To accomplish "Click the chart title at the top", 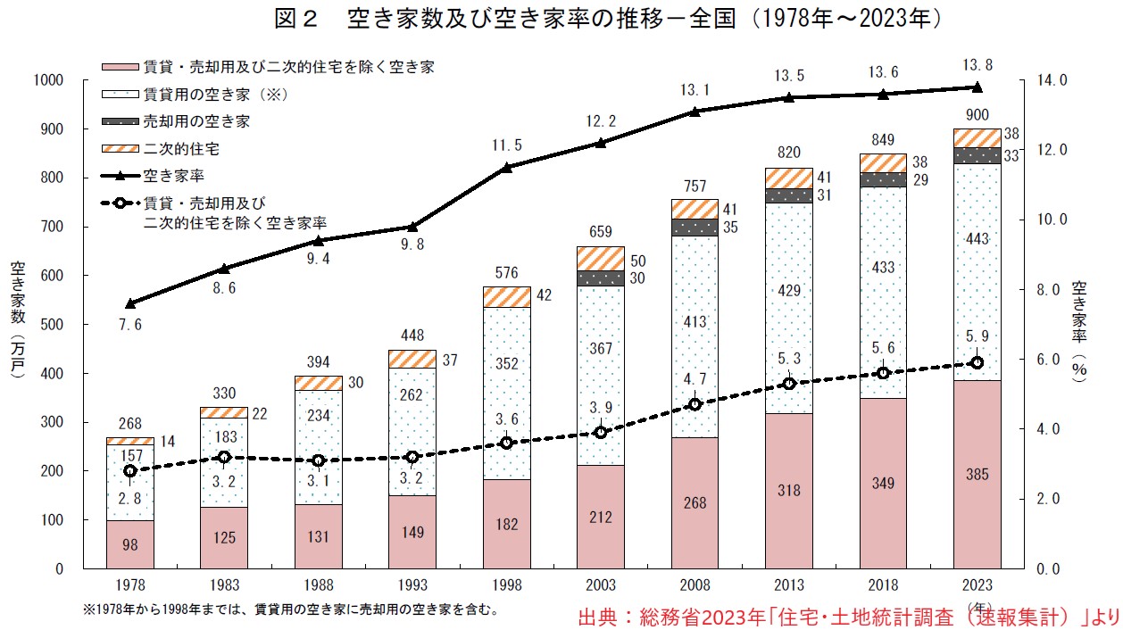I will [x=561, y=18].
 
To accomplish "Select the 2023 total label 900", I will [x=976, y=114].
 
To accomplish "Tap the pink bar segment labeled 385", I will [x=977, y=474].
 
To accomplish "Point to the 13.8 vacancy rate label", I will [x=976, y=64].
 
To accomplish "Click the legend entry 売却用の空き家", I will [x=196, y=120].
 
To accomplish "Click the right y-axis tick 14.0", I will [x=1051, y=81].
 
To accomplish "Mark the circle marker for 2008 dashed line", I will [x=695, y=404].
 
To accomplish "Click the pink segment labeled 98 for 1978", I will [x=129, y=544].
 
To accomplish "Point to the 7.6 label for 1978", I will [x=130, y=325].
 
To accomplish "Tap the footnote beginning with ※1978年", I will [x=290, y=610].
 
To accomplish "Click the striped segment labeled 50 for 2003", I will [x=600, y=258].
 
